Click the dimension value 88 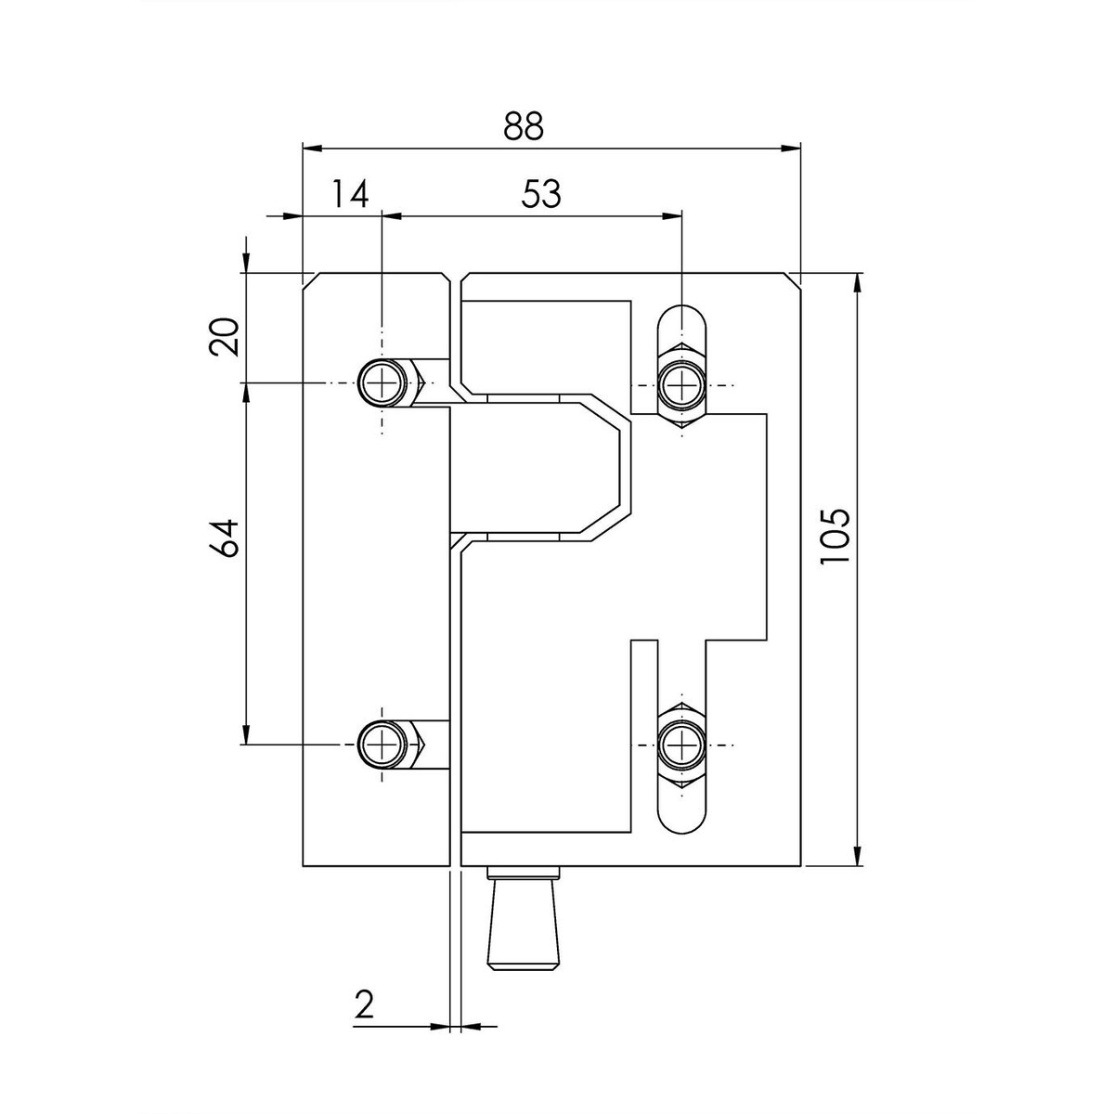pos(523,126)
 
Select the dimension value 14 pos(350,194)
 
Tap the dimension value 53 pos(540,194)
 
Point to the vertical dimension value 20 pos(224,336)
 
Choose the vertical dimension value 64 pos(224,538)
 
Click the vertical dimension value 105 pos(835,537)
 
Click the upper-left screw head pos(382,382)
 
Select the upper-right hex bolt pos(682,385)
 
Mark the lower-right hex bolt pos(682,745)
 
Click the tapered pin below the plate pos(524,917)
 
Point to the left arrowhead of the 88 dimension pos(312,148)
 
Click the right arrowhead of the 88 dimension pos(792,148)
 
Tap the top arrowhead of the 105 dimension pos(858,282)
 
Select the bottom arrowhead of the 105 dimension pos(858,856)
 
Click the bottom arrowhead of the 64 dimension pos(246,734)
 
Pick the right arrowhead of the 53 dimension pos(672,216)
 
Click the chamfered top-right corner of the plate pos(795,278)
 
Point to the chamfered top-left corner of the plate pos(309,278)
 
